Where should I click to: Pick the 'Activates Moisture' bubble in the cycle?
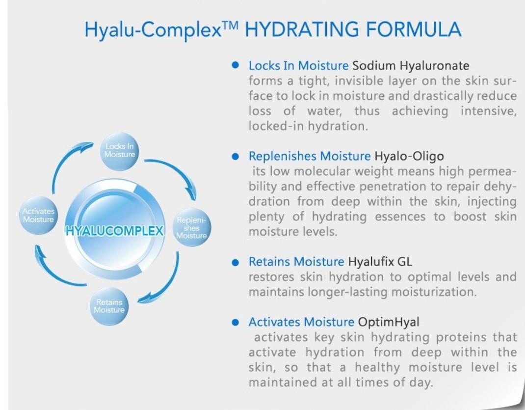pyautogui.click(x=38, y=216)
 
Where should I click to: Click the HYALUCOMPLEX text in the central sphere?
pyautogui.click(x=115, y=231)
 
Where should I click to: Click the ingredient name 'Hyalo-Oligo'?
pyautogui.click(x=409, y=157)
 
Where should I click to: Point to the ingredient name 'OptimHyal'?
pyautogui.click(x=389, y=322)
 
